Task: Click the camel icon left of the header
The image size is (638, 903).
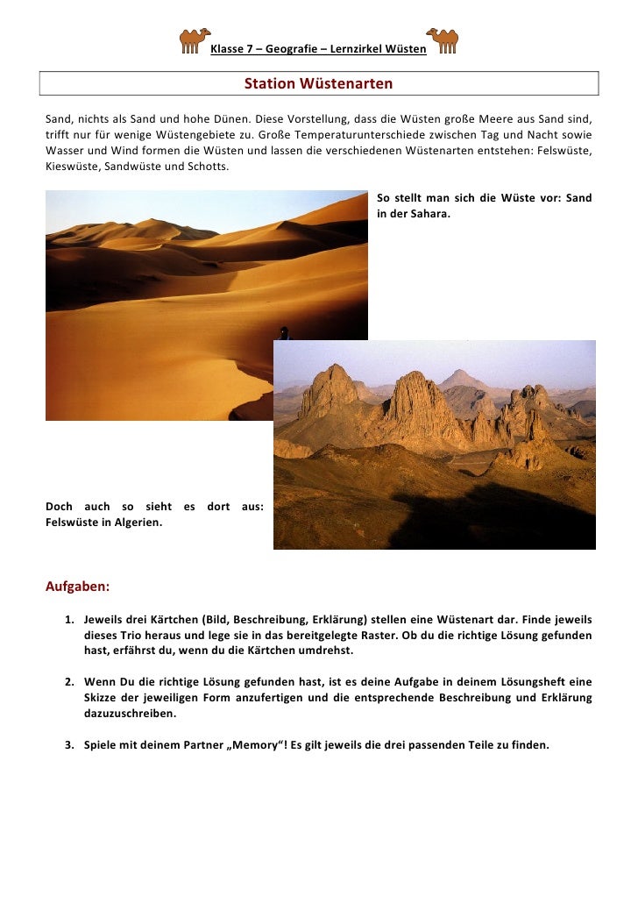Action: [x=194, y=40]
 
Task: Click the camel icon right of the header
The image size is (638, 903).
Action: [x=443, y=40]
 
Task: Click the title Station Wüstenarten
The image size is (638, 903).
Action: [x=318, y=84]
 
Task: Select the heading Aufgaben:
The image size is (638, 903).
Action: [x=78, y=586]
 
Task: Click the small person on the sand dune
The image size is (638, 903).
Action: [x=283, y=333]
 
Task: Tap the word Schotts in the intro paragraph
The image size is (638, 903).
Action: [x=210, y=166]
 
